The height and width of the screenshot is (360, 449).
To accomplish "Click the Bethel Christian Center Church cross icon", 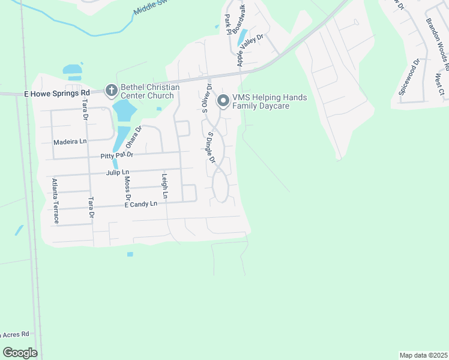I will click(111, 91).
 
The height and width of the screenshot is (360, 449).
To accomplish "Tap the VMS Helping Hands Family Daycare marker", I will click(223, 101).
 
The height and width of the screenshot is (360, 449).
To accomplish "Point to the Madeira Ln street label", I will click(70, 142).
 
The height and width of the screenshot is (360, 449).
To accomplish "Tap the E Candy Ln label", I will click(140, 204).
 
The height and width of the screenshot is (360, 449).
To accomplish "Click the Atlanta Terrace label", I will click(55, 200).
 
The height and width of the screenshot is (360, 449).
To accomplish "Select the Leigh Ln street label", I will click(164, 186).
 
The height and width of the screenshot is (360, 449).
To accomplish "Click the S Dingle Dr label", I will click(211, 148).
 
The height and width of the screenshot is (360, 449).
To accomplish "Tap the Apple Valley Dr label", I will click(250, 50).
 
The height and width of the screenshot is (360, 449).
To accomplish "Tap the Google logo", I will click(20, 353).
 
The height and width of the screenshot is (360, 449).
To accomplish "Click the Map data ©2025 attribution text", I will click(423, 355).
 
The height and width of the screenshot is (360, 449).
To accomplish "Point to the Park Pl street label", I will click(228, 25).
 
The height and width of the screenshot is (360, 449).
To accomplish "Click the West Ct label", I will click(439, 84).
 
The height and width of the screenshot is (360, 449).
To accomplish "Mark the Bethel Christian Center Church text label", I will click(150, 91).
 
